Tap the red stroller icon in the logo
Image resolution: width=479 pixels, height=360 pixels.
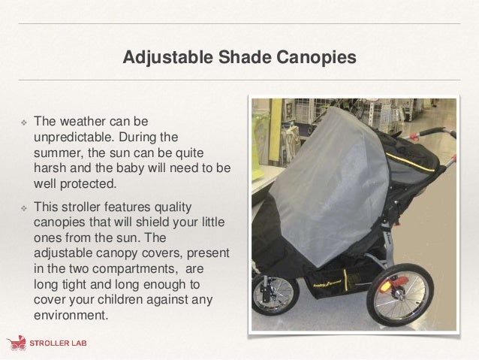(17, 344)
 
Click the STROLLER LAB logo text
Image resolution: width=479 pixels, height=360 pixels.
(59, 345)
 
